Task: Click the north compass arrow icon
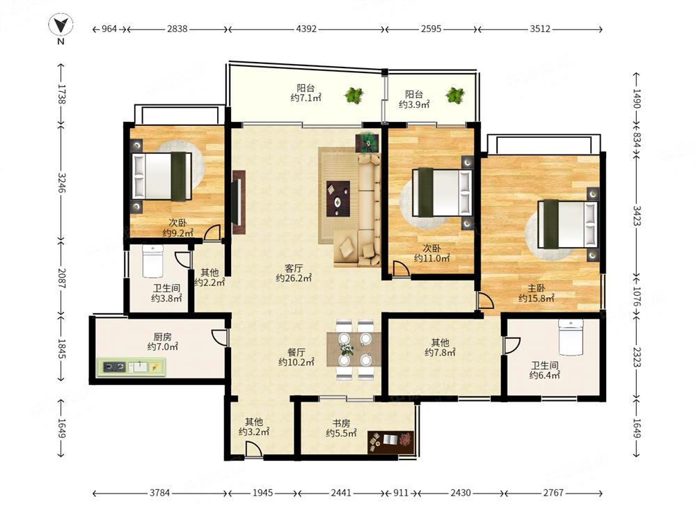(x=61, y=25)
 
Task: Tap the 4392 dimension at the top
(x=306, y=29)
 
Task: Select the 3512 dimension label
(x=540, y=29)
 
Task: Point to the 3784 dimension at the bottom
(x=160, y=493)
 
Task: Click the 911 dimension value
(x=402, y=493)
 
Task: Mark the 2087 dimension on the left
(x=61, y=278)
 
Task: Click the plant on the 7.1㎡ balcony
(x=354, y=95)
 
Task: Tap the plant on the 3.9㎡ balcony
(x=455, y=95)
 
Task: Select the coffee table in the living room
(x=338, y=198)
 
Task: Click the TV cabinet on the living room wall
(x=238, y=203)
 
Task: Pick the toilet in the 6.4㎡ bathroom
(x=571, y=337)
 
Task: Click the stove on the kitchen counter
(x=115, y=367)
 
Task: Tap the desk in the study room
(x=391, y=442)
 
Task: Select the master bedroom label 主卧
(x=536, y=289)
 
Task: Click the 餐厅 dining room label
(x=296, y=352)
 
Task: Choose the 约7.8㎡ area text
(x=440, y=353)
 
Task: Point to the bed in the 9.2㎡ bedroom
(x=162, y=176)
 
